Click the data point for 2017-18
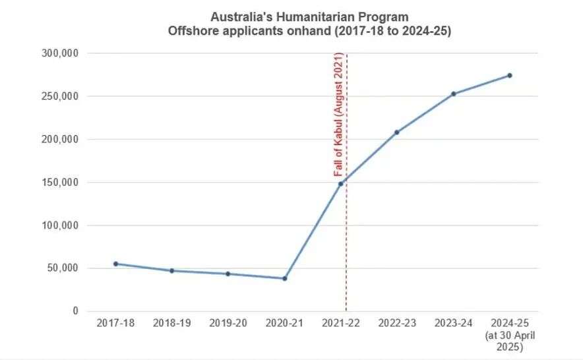click(115, 264)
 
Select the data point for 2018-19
click(171, 270)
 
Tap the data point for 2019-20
click(228, 274)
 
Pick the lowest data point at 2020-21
click(284, 278)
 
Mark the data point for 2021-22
click(341, 183)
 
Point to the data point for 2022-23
click(397, 132)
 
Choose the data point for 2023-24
click(454, 94)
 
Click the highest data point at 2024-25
click(510, 75)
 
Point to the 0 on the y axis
click(75, 311)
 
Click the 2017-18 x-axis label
click(115, 323)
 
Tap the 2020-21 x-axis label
click(284, 323)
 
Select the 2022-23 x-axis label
click(397, 323)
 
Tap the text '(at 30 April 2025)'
click(510, 341)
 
